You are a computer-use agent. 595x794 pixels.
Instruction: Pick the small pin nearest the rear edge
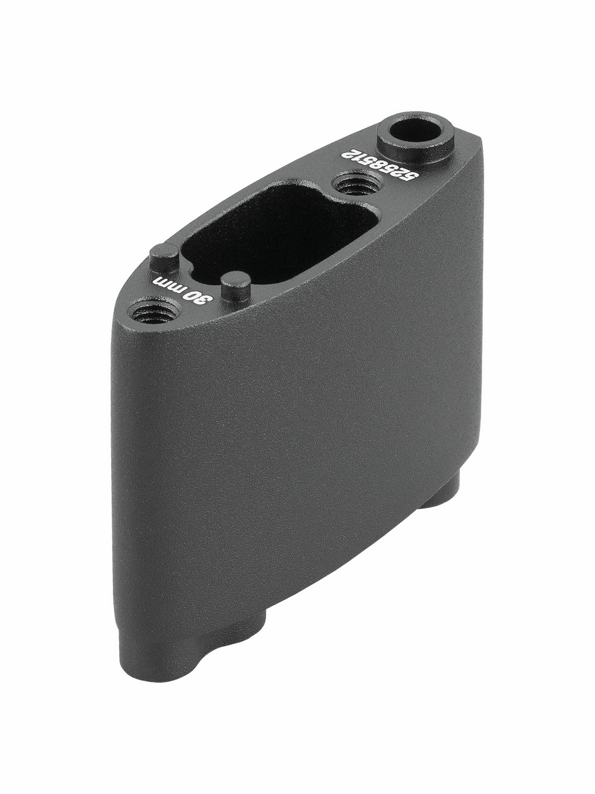pos(164,258)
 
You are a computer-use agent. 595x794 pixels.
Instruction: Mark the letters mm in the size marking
pos(168,285)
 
